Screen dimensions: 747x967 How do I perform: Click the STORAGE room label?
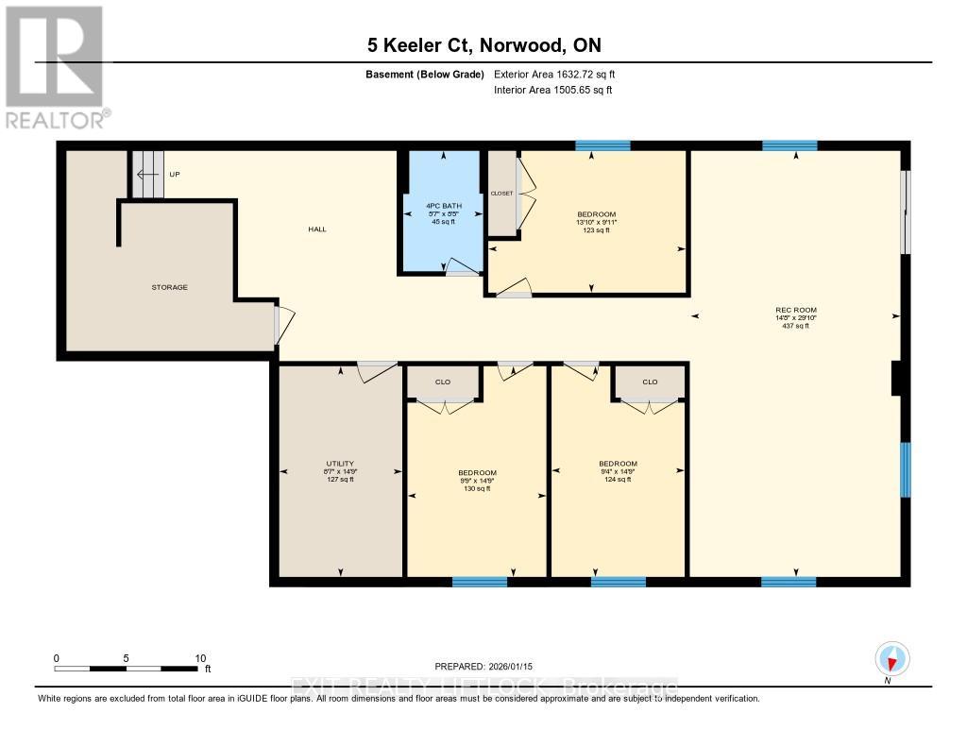pyautogui.click(x=171, y=287)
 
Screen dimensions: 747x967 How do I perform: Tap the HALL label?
pyautogui.click(x=316, y=229)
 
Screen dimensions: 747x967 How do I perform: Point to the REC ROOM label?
pyautogui.click(x=795, y=310)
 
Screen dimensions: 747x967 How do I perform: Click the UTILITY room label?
pyautogui.click(x=339, y=464)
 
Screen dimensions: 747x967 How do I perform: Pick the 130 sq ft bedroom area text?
pyautogui.click(x=477, y=488)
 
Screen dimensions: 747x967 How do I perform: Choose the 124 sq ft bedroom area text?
pyautogui.click(x=618, y=479)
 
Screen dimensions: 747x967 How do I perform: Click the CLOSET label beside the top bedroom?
pyautogui.click(x=501, y=194)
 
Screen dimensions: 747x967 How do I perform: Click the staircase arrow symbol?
pyautogui.click(x=145, y=175)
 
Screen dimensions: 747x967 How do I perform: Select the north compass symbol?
pyautogui.click(x=891, y=659)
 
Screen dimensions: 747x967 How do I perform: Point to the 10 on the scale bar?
pyautogui.click(x=200, y=658)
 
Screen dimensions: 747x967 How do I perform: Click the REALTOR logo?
pyautogui.click(x=56, y=66)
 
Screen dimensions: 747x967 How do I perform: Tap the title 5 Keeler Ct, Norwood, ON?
pyautogui.click(x=483, y=44)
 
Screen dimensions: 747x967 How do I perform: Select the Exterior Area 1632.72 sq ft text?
pyautogui.click(x=554, y=75)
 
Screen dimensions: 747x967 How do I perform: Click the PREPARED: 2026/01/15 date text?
pyautogui.click(x=488, y=667)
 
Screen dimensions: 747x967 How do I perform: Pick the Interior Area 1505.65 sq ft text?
pyautogui.click(x=553, y=91)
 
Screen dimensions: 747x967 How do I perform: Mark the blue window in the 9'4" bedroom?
pyautogui.click(x=618, y=582)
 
